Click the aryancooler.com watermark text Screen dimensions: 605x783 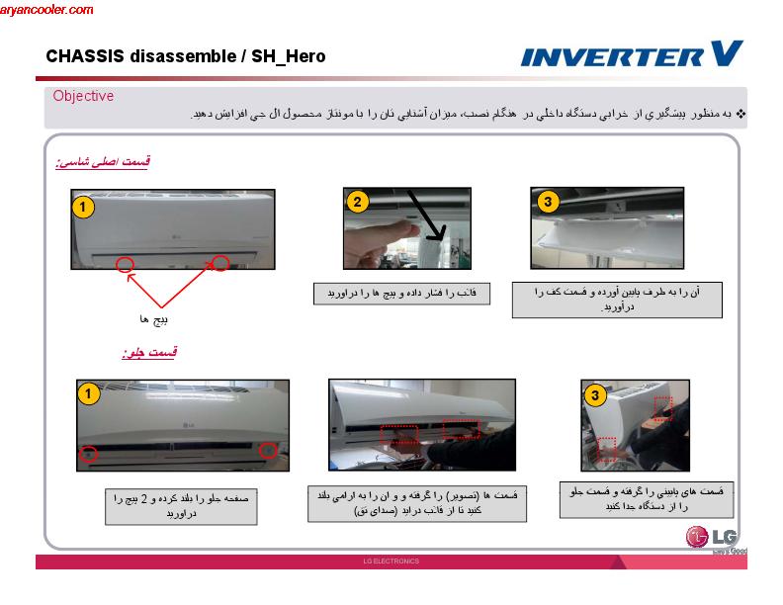[x=47, y=10]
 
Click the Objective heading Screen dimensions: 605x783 [x=83, y=96]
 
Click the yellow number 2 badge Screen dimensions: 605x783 [x=358, y=202]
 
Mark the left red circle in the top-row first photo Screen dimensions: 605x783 [x=125, y=263]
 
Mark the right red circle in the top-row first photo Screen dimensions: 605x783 [x=221, y=263]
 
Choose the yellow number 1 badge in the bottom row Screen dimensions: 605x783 [x=89, y=393]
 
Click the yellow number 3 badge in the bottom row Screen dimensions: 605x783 [x=594, y=395]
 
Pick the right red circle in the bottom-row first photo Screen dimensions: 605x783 [x=267, y=450]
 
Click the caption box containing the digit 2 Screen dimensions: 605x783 [x=172, y=507]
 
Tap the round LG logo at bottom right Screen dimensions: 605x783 [x=699, y=538]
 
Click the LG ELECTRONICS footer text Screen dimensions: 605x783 [x=391, y=562]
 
